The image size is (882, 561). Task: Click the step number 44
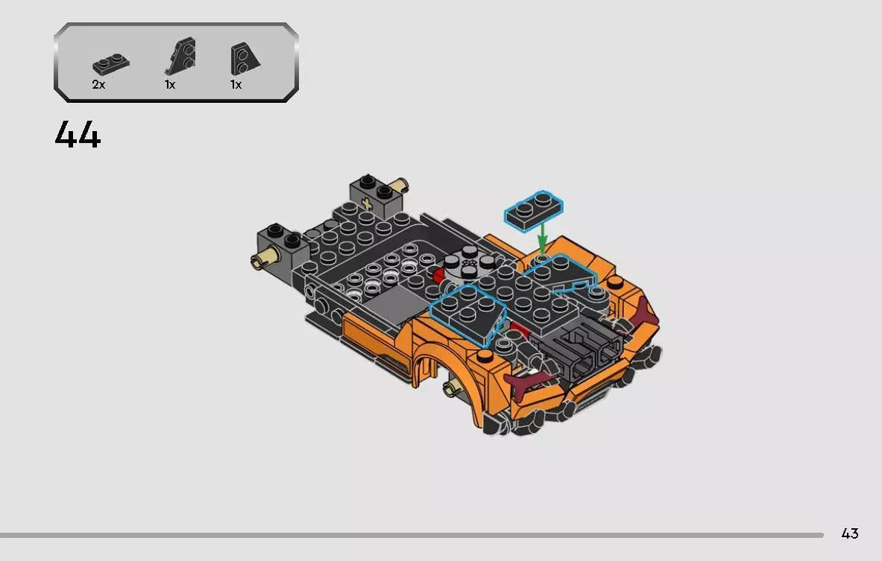pyautogui.click(x=78, y=135)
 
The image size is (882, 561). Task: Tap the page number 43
pyautogui.click(x=849, y=533)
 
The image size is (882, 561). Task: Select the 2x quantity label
pyautogui.click(x=98, y=85)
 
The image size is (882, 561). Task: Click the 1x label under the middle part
pyautogui.click(x=170, y=85)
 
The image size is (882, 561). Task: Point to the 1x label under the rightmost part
pyautogui.click(x=236, y=85)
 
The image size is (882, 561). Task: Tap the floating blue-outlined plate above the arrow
pyautogui.click(x=534, y=208)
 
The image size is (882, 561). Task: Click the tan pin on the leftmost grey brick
pyautogui.click(x=262, y=259)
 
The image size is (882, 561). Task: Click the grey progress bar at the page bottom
pyautogui.click(x=410, y=535)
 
